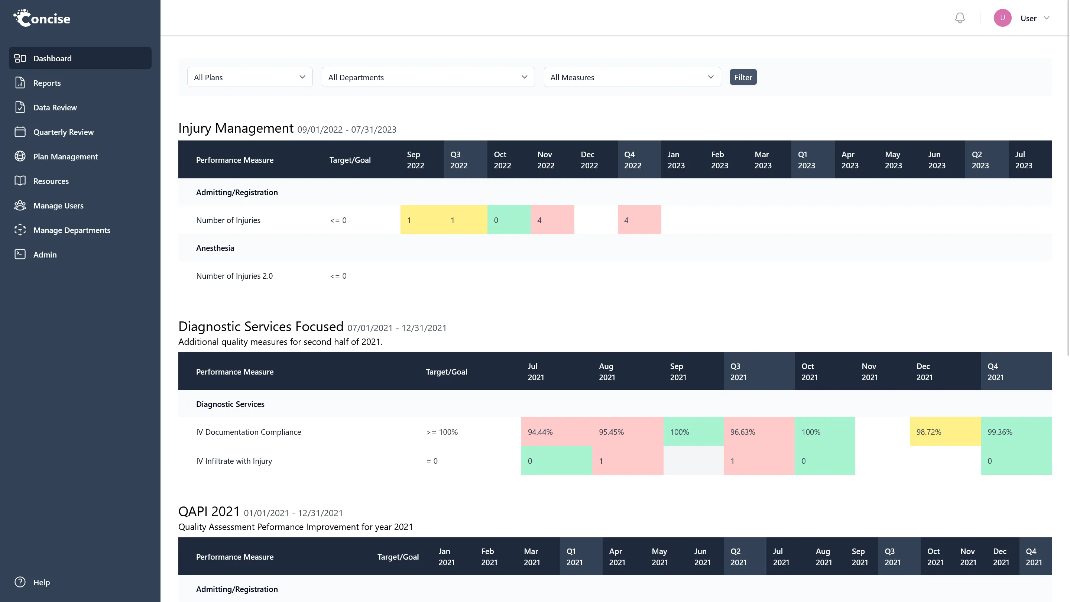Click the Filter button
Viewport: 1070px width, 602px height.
(743, 77)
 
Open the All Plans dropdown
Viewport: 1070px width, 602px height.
(250, 77)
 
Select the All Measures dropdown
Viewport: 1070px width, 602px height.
(631, 77)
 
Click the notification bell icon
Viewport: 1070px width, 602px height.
(960, 18)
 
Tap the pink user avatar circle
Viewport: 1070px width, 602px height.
(1002, 18)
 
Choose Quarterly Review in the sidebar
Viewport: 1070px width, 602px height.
(63, 132)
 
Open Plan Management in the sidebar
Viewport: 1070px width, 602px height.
(65, 156)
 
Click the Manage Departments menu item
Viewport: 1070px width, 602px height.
(71, 230)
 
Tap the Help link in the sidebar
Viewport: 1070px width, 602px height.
(41, 582)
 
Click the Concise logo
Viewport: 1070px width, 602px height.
(42, 18)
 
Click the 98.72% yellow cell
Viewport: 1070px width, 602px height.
(944, 432)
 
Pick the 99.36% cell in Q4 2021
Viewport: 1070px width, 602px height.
(1016, 432)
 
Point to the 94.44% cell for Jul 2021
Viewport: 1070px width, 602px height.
(556, 432)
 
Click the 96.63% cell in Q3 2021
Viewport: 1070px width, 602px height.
(758, 432)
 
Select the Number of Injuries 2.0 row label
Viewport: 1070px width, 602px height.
(234, 276)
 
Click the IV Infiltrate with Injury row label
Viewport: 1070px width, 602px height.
(234, 461)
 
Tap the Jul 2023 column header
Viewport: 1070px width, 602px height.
(1023, 159)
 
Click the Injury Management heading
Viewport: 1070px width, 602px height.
(236, 128)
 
